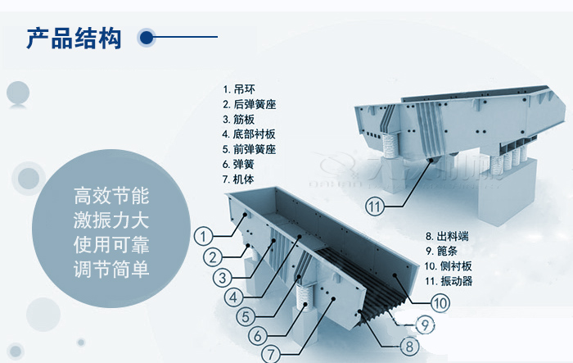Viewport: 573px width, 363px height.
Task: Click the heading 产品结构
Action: click(x=74, y=37)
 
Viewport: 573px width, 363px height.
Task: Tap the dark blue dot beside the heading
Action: click(x=147, y=37)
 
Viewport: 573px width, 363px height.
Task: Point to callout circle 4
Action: click(x=235, y=296)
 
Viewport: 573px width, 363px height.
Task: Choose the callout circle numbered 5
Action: click(x=246, y=315)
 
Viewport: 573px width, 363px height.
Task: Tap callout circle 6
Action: click(x=257, y=335)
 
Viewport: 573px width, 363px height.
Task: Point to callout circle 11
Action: click(x=374, y=207)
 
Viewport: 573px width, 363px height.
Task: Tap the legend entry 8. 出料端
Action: click(x=447, y=237)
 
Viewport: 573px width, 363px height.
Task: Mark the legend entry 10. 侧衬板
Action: click(x=449, y=267)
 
